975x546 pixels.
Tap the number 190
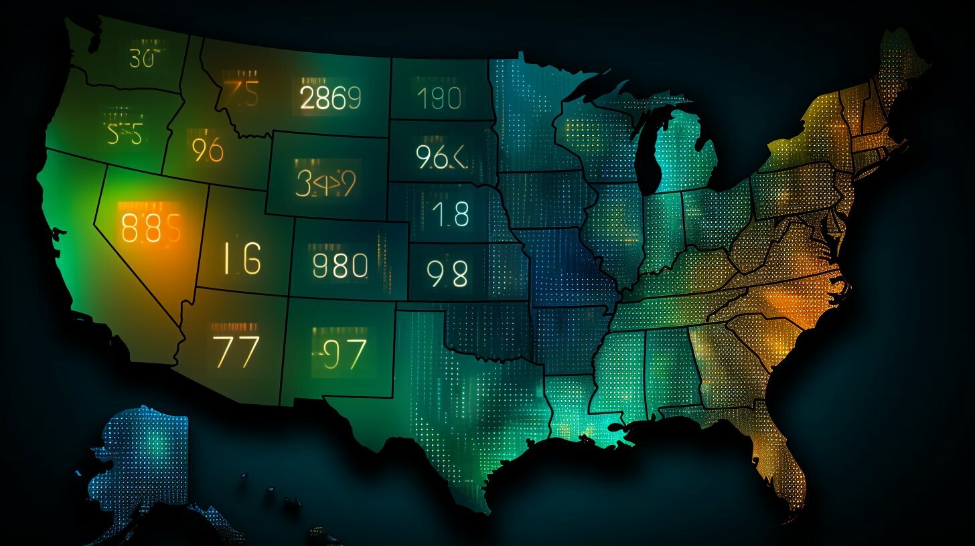tap(438, 98)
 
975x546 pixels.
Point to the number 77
tap(236, 351)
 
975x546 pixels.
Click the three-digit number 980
tap(340, 265)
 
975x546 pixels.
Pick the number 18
tap(450, 213)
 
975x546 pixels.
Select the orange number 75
tap(240, 94)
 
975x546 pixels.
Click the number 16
tap(242, 259)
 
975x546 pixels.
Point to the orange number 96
tap(207, 151)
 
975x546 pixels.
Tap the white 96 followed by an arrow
tap(441, 157)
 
